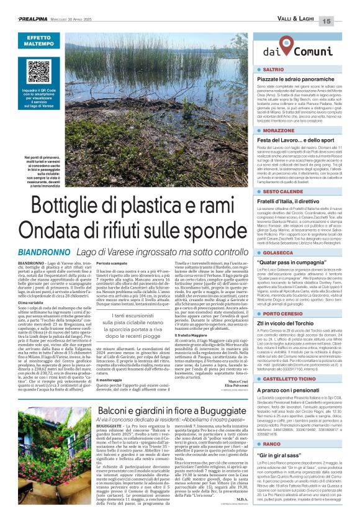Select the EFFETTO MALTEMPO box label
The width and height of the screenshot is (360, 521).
pos(38,41)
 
